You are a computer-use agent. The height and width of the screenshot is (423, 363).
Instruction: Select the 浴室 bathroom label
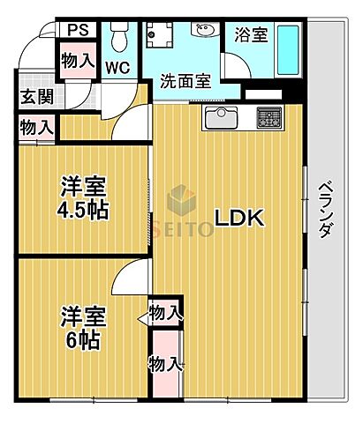click(x=251, y=36)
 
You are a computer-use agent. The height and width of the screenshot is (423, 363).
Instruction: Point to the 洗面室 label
click(x=185, y=82)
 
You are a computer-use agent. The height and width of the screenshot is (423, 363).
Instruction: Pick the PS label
click(x=76, y=29)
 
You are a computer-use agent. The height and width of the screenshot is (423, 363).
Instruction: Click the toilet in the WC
click(x=118, y=35)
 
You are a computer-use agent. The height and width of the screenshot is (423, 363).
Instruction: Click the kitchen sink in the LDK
click(x=221, y=117)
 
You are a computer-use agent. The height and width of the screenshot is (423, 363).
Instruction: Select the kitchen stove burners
click(x=268, y=117)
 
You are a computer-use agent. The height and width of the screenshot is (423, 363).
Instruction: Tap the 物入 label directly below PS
click(x=77, y=61)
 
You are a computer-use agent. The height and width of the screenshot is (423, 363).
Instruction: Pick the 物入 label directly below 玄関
click(x=36, y=127)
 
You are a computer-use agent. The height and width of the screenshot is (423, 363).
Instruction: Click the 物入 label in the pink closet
click(x=166, y=363)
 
